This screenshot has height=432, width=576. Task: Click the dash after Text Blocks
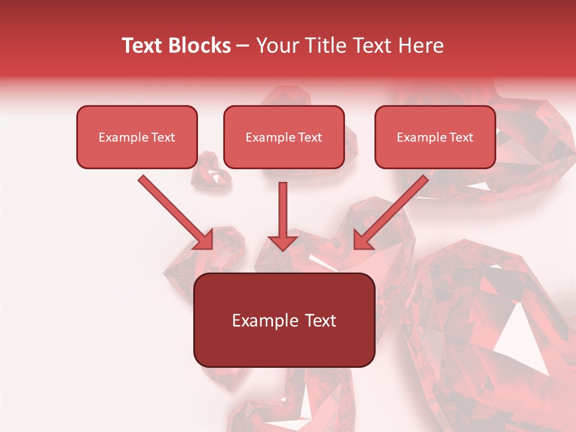click(243, 46)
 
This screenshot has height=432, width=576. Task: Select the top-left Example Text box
click(137, 137)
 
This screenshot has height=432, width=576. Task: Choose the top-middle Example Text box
click(284, 137)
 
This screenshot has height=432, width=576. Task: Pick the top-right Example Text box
click(435, 137)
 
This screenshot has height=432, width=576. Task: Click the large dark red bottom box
click(284, 345)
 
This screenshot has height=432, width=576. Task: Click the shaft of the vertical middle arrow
click(283, 207)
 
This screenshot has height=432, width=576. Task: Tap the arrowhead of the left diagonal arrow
click(204, 240)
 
